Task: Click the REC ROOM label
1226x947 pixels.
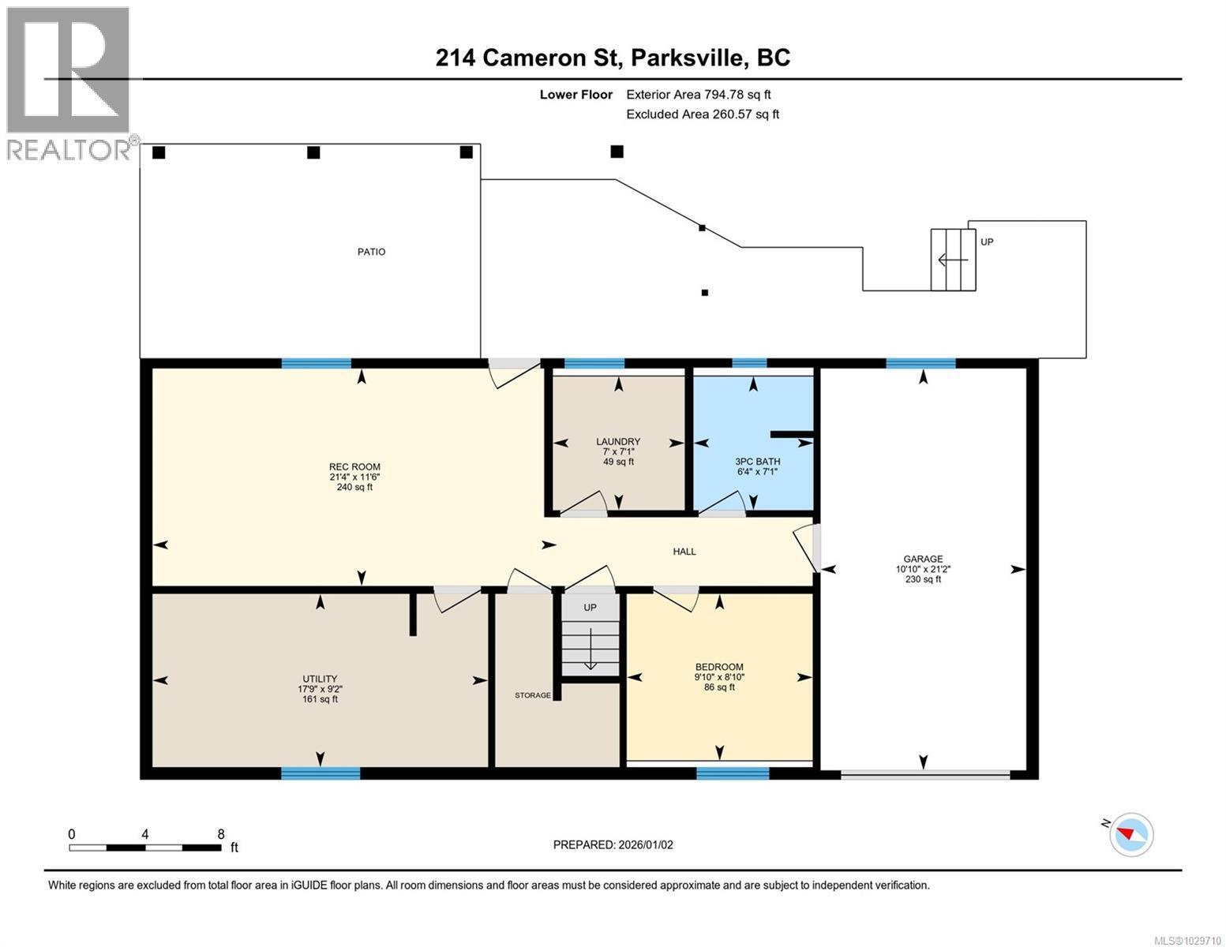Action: point(354,466)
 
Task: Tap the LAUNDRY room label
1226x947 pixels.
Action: point(618,442)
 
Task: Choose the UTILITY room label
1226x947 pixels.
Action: point(320,679)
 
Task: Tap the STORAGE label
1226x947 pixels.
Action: point(533,695)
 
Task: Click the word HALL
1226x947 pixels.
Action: point(684,552)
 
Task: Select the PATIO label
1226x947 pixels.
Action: point(371,252)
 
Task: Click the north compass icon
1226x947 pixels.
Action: point(1130,833)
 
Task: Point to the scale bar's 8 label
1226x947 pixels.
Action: point(221,834)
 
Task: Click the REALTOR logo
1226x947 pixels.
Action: point(69,83)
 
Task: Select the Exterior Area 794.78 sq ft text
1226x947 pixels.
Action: point(698,95)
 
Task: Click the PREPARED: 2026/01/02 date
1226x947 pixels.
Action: point(613,844)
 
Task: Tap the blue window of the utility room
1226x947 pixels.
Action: point(321,773)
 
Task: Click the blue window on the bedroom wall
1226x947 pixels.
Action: point(732,773)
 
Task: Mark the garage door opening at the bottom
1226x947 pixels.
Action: point(924,776)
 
